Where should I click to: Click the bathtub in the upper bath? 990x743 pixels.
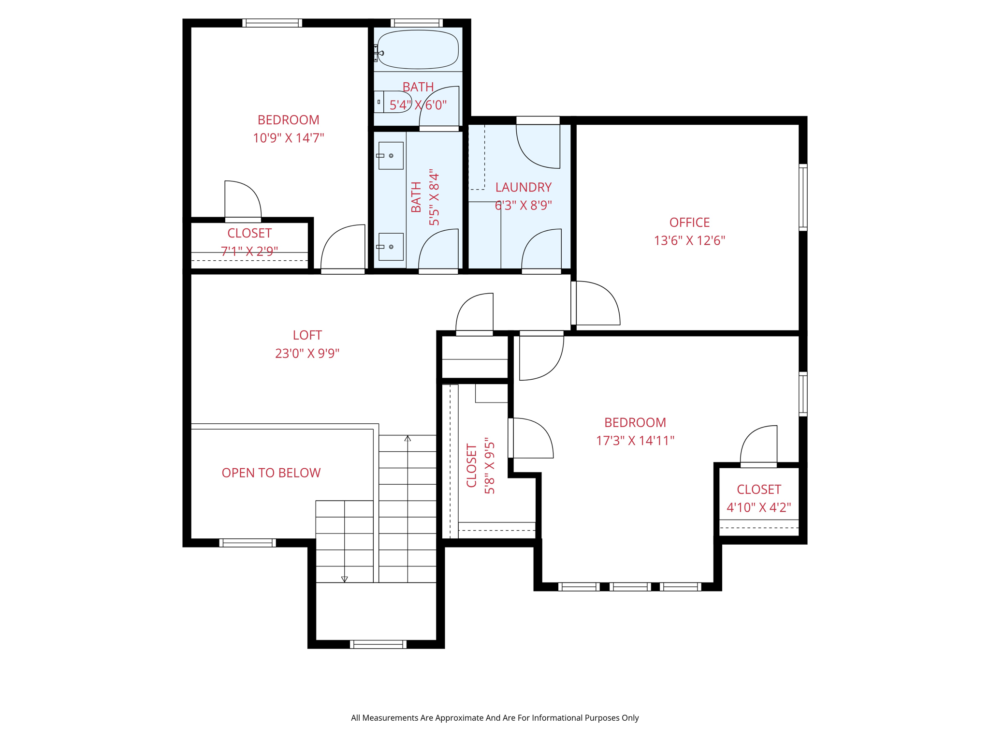tap(418, 49)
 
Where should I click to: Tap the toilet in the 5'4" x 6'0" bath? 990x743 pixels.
tap(393, 102)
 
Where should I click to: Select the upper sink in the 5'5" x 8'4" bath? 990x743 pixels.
tap(391, 155)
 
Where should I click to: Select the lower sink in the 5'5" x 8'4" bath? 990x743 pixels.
tap(391, 247)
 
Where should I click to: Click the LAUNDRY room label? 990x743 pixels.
tap(523, 187)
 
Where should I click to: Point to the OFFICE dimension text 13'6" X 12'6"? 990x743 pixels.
tap(689, 240)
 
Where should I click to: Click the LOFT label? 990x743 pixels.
tap(307, 335)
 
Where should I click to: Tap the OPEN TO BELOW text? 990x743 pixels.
tap(271, 473)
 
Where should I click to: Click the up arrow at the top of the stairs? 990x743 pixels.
tap(408, 438)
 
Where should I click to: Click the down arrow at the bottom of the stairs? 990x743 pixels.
tap(344, 579)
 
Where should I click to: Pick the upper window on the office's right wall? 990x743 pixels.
tap(802, 197)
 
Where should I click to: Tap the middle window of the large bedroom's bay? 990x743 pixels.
tap(630, 587)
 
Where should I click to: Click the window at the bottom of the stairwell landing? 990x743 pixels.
tap(378, 644)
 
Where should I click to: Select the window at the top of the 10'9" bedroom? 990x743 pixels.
tap(272, 23)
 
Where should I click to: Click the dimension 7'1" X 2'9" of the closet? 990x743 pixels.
tap(249, 251)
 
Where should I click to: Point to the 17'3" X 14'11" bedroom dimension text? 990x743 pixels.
tap(635, 441)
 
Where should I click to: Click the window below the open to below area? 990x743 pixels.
tap(247, 543)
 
